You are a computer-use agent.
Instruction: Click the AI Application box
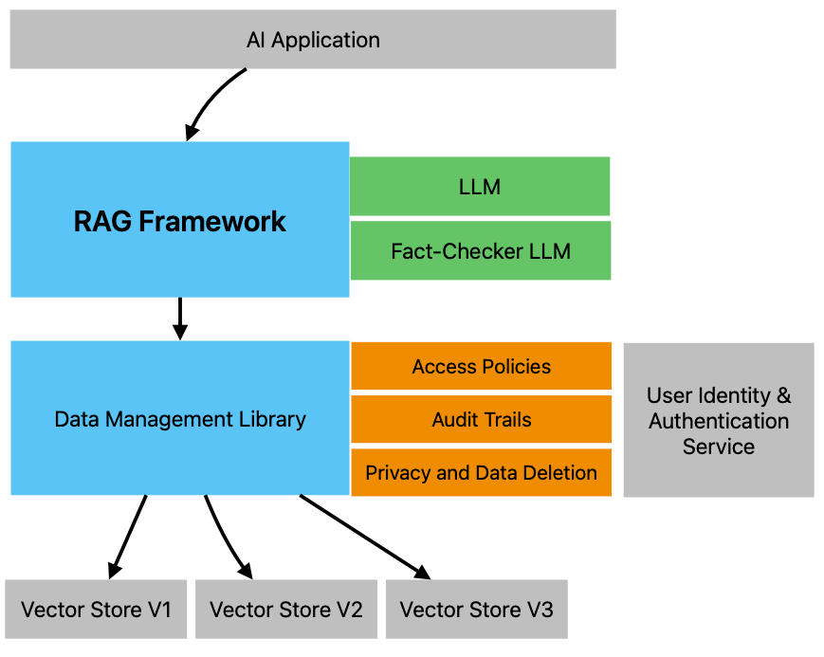[313, 40]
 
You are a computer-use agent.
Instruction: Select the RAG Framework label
[180, 221]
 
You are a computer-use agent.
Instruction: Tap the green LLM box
[479, 187]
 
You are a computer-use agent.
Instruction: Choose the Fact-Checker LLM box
[480, 251]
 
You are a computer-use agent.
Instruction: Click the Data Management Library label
[180, 419]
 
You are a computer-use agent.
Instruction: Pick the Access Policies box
[481, 366]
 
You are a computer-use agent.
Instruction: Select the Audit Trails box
[481, 419]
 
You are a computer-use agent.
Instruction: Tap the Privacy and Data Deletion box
[481, 472]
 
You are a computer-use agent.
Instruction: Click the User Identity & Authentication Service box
[718, 420]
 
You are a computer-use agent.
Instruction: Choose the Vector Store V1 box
[96, 609]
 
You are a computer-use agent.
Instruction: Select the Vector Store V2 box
[285, 609]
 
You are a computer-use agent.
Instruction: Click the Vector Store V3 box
[476, 609]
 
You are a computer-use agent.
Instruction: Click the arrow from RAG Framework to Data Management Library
[180, 318]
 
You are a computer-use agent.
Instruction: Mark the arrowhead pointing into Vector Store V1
[114, 569]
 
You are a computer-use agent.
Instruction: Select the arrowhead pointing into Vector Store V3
[420, 571]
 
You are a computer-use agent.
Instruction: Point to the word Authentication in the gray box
[718, 420]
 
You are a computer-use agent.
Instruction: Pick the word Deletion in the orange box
[562, 472]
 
